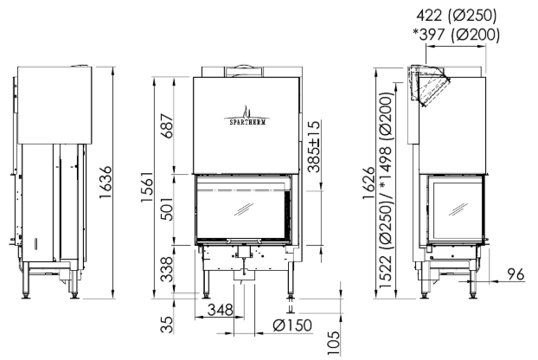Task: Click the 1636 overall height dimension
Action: [106, 183]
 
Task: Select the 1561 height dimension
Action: [147, 188]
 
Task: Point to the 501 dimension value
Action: [168, 209]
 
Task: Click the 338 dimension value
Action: [168, 269]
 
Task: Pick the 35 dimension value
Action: [167, 325]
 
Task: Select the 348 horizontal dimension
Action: [221, 310]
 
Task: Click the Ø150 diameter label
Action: [292, 325]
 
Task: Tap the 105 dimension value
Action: [332, 343]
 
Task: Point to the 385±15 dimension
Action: [314, 146]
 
